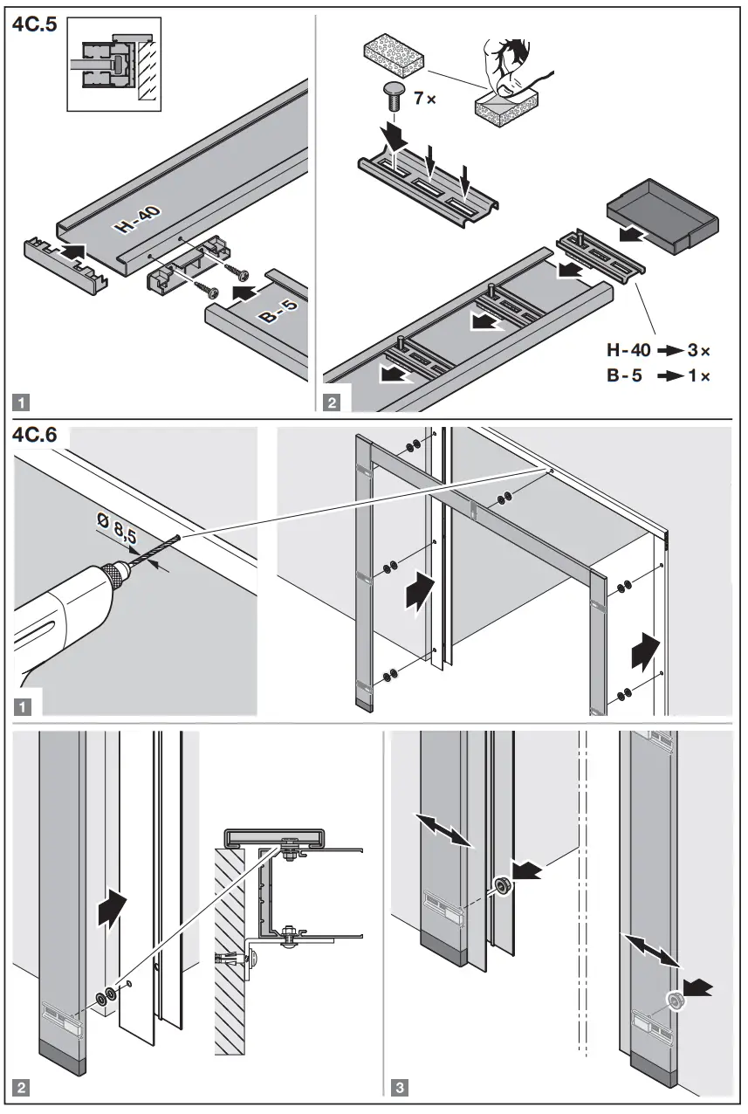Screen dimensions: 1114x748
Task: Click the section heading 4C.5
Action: (x=34, y=24)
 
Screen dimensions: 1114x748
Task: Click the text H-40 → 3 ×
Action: (x=659, y=351)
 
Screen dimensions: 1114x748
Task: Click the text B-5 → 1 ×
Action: (x=659, y=376)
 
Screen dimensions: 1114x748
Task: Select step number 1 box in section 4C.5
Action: (x=22, y=402)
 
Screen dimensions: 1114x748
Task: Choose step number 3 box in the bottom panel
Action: (x=399, y=1088)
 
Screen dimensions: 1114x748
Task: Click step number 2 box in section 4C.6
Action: (x=22, y=1088)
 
